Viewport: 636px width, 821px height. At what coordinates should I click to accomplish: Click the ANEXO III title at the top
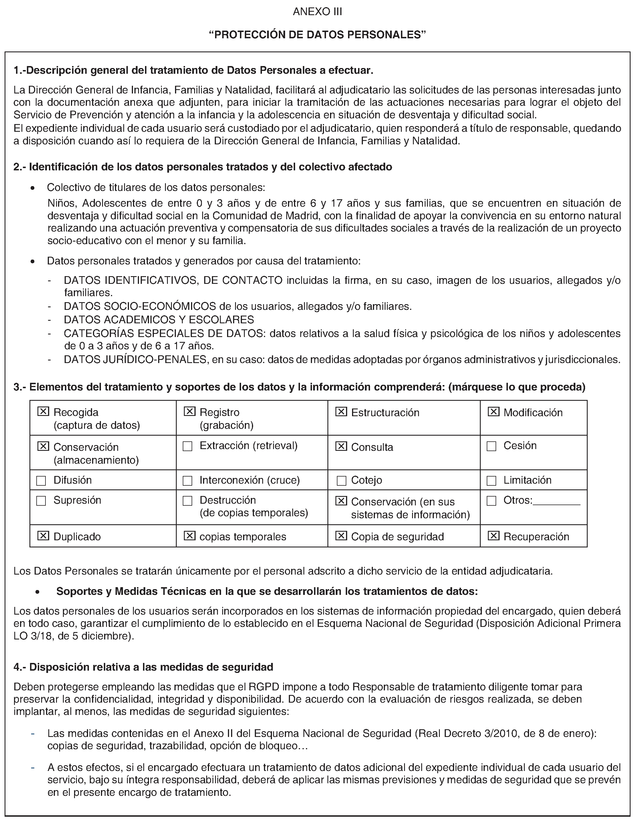click(x=317, y=12)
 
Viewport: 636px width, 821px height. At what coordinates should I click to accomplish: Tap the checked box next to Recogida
click(x=43, y=411)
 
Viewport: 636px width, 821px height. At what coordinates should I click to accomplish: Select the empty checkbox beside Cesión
click(x=491, y=446)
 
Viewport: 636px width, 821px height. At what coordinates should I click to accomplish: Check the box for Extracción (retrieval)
click(x=187, y=446)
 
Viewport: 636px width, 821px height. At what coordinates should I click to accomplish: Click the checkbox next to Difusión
click(x=41, y=481)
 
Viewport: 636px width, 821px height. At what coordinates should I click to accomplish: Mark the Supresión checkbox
click(x=41, y=501)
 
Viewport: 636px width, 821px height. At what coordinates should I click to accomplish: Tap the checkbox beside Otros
click(x=491, y=501)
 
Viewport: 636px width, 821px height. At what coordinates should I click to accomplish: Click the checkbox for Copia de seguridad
click(x=341, y=535)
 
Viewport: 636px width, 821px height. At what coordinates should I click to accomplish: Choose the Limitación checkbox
click(x=491, y=481)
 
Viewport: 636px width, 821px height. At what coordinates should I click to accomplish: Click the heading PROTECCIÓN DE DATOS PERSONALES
click(x=317, y=35)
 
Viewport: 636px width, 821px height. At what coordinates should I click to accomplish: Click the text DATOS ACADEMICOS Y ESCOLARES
click(x=159, y=320)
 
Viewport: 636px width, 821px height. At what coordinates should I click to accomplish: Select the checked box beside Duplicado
click(x=43, y=535)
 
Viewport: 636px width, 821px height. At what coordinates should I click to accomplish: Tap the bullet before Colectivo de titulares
click(x=33, y=188)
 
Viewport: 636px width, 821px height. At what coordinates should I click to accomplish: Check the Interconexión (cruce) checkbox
click(x=187, y=481)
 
